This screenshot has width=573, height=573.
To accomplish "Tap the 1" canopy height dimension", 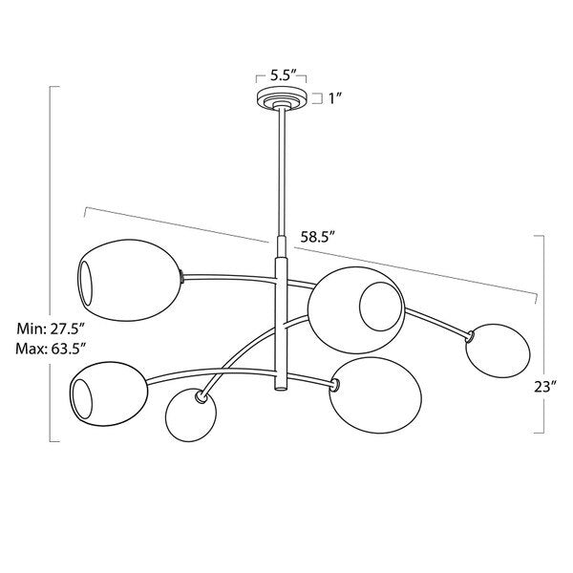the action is [335, 98].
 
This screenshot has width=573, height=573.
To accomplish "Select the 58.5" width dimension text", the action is [318, 237].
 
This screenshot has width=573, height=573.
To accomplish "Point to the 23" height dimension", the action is [545, 387].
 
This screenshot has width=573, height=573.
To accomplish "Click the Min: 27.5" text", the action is [51, 329].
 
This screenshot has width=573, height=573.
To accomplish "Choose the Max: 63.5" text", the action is [51, 349].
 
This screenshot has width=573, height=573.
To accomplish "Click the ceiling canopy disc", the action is [282, 98].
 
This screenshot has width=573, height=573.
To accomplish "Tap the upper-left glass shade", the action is [130, 280].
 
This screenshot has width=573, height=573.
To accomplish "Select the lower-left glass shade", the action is [109, 393].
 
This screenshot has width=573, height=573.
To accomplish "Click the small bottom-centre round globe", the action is [190, 416].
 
